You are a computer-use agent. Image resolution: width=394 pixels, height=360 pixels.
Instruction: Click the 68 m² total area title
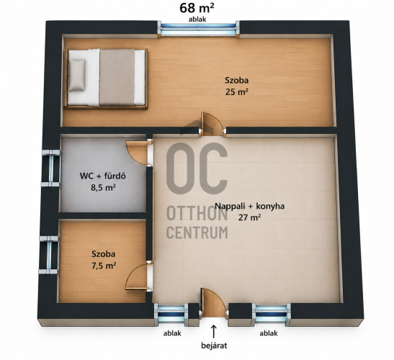(x=197, y=8)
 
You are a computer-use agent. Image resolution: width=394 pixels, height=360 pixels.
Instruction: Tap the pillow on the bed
(x=77, y=75)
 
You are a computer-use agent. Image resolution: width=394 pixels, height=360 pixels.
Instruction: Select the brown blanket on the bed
(x=117, y=77)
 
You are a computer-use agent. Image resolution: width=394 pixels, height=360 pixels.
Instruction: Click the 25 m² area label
(x=236, y=92)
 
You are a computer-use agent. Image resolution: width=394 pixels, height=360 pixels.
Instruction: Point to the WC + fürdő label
(x=102, y=176)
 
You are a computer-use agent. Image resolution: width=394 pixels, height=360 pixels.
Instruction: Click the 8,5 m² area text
(x=103, y=187)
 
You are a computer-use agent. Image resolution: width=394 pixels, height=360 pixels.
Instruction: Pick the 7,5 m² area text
(x=104, y=266)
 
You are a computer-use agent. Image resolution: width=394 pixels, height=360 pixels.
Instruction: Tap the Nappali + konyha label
(x=249, y=206)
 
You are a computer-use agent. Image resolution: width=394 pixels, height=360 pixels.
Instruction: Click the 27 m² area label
(x=249, y=217)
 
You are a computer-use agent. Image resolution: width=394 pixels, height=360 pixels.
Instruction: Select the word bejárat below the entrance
(x=214, y=346)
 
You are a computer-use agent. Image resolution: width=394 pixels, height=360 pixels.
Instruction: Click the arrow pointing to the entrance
(x=214, y=331)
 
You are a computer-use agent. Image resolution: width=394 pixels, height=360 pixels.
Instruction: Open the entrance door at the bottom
(x=213, y=302)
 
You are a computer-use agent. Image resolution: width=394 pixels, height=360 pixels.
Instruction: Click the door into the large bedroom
(x=212, y=124)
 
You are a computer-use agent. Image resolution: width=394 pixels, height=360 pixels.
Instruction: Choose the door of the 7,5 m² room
(x=138, y=276)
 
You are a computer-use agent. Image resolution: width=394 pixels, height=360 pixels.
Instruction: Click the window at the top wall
(x=198, y=29)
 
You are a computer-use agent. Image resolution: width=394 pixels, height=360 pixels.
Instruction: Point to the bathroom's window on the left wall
(x=50, y=168)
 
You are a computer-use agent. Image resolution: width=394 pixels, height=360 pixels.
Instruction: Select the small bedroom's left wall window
(x=49, y=255)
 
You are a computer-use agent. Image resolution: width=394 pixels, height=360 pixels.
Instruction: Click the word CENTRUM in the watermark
(x=197, y=232)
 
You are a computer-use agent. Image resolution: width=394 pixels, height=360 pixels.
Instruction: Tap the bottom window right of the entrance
(x=272, y=314)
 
